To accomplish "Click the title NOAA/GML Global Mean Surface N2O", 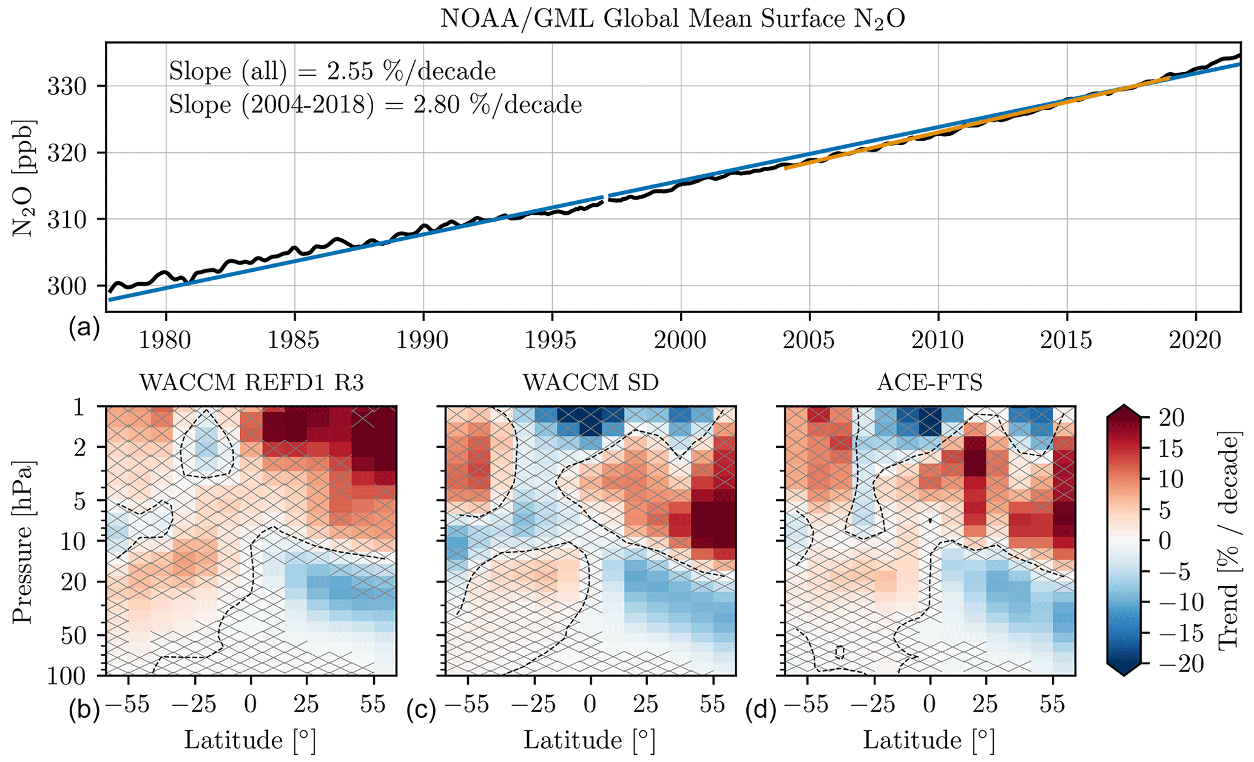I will click(x=672, y=19).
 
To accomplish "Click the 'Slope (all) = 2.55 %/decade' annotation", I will click(x=332, y=72).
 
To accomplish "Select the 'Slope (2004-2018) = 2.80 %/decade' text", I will click(x=375, y=105).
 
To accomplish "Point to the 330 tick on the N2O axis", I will click(x=71, y=86).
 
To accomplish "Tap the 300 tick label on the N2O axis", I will click(x=71, y=286).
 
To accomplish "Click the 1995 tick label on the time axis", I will click(x=551, y=340).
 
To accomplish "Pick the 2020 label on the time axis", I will click(x=1195, y=340).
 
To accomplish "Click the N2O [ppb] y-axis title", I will click(x=23, y=177).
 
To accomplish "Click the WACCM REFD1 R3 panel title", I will click(x=252, y=383).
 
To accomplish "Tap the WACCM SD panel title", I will click(x=590, y=383).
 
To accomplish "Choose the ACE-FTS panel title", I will click(x=929, y=383).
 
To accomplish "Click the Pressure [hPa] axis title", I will click(x=23, y=541).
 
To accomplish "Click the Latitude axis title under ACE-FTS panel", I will click(x=929, y=741).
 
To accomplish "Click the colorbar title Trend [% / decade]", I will click(x=1229, y=541).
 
